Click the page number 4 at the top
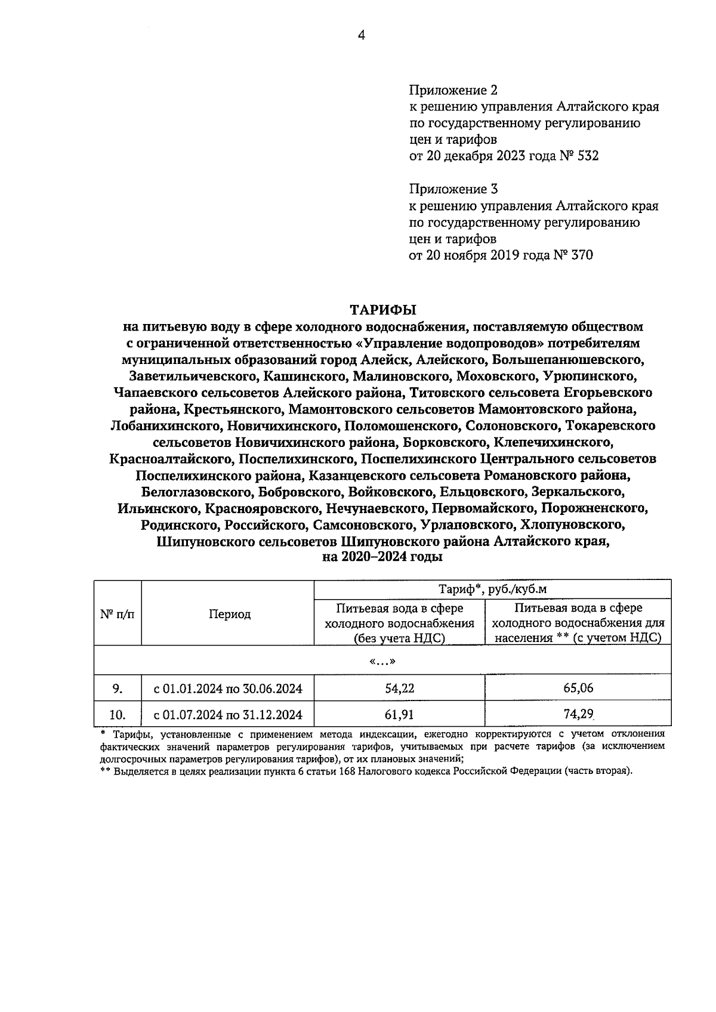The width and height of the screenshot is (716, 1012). [x=360, y=35]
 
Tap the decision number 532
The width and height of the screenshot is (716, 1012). [x=588, y=156]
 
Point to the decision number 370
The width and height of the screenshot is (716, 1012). [x=582, y=255]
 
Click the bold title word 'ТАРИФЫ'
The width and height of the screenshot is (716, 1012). [x=382, y=310]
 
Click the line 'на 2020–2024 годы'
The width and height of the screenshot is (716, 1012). [x=382, y=558]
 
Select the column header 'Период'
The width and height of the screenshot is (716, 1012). [x=229, y=614]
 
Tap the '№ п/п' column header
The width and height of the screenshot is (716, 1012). [x=117, y=614]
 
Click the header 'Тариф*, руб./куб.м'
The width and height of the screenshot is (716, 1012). [x=493, y=589]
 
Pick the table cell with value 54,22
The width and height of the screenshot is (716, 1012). [x=400, y=688]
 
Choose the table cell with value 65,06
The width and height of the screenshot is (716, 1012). [x=578, y=688]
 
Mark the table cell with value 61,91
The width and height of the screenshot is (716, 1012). [x=400, y=714]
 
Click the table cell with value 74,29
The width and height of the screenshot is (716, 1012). [x=578, y=714]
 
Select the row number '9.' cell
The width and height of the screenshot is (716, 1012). [x=118, y=688]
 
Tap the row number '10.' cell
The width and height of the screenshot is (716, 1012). [x=118, y=714]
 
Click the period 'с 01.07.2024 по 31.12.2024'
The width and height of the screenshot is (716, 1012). [x=228, y=714]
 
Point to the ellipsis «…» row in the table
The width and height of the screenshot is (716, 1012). [x=382, y=661]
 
